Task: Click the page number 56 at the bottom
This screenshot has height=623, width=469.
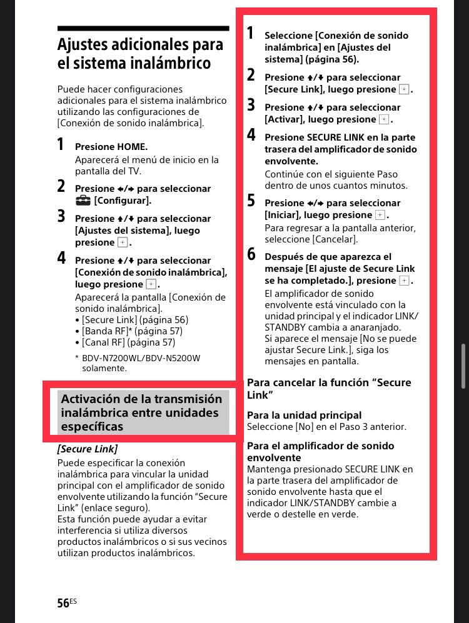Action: [63, 602]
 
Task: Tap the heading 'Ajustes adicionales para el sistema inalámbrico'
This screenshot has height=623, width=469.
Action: [140, 54]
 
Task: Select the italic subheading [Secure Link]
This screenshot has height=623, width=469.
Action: [88, 449]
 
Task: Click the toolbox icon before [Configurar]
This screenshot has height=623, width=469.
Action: [83, 201]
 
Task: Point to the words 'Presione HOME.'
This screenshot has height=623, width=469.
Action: [111, 147]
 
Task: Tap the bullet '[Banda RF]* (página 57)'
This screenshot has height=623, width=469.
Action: [132, 331]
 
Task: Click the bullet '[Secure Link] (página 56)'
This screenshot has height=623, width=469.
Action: [134, 320]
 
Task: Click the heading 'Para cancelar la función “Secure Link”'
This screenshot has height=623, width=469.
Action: [329, 389]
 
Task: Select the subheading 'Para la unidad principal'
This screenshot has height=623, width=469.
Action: [304, 415]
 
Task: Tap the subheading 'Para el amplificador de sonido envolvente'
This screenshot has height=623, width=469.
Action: [320, 452]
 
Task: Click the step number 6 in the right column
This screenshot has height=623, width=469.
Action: [251, 254]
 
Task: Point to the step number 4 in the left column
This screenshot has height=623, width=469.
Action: [61, 257]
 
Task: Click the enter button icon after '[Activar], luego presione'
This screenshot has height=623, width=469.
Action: [384, 119]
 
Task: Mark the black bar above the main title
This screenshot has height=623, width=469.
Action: [143, 29]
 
